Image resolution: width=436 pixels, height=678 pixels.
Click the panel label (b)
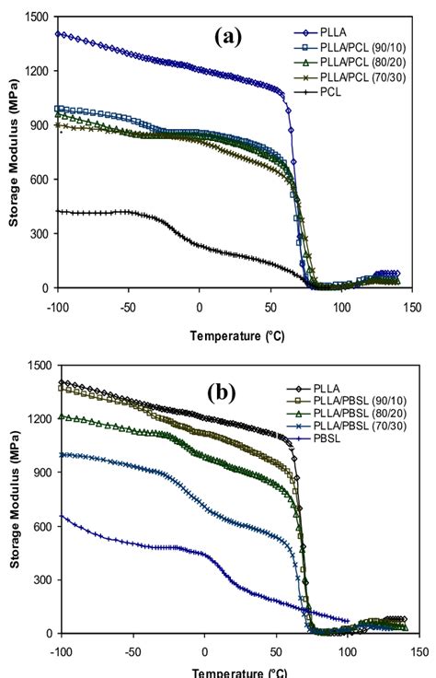[x=222, y=392]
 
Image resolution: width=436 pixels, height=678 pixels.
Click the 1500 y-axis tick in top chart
[x=38, y=17]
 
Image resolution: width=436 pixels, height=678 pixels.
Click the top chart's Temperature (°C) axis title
[x=237, y=335]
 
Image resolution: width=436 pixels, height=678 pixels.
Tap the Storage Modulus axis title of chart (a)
[x=12, y=154]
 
